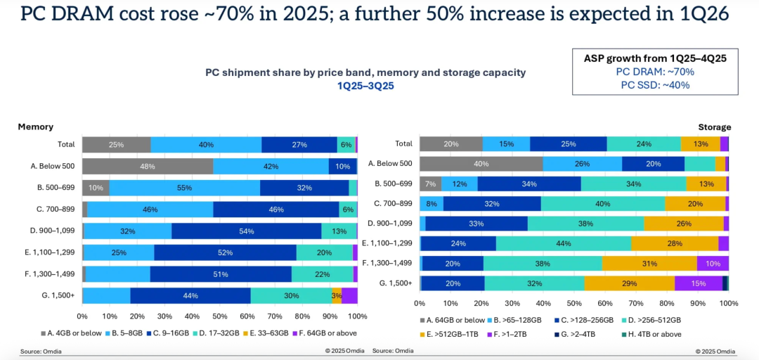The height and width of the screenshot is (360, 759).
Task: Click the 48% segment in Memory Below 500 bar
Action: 148,167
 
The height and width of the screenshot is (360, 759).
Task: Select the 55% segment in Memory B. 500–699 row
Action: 185,188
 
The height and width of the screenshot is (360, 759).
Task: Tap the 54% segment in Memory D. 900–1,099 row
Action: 247,231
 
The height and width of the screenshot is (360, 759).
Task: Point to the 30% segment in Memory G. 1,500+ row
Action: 291,296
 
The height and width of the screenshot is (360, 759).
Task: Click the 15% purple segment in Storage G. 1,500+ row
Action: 699,283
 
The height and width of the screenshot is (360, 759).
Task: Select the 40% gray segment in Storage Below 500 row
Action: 481,164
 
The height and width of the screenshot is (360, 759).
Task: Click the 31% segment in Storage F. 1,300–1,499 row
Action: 649,264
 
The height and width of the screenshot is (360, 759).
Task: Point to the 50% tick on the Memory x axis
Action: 220,316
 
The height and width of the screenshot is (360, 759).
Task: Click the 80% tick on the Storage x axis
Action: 667,304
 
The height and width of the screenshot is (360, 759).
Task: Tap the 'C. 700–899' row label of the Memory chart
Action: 54,210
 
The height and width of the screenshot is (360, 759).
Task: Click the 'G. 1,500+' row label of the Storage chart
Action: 396,283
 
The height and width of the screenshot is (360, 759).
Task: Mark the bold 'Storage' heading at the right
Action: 714,127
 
